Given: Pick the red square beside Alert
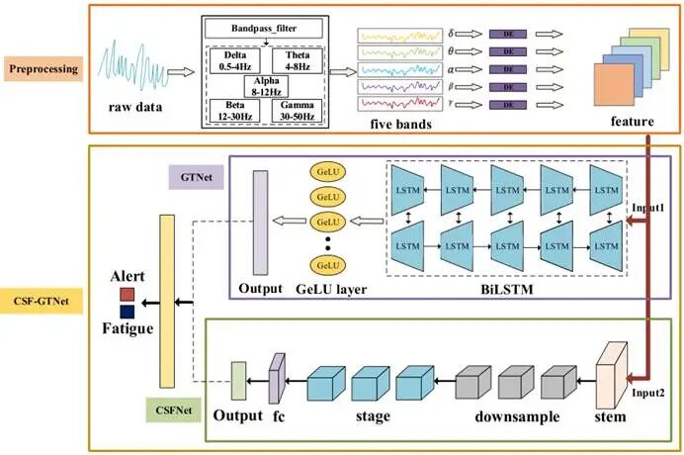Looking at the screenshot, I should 126,294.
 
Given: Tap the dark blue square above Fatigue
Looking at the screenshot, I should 126,312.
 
